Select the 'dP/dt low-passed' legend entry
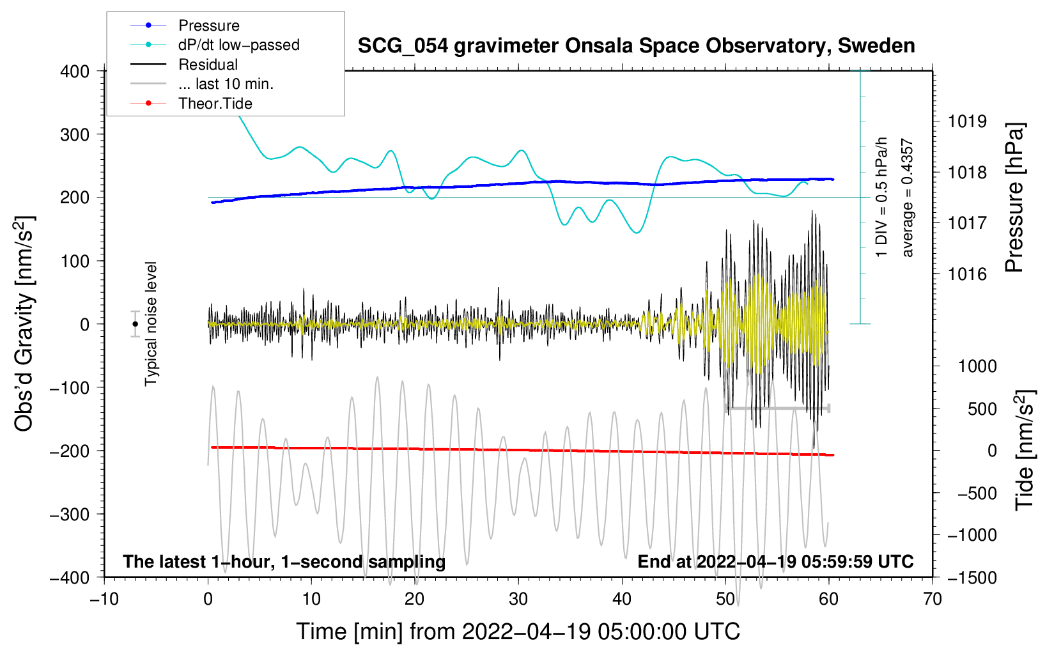point(238,45)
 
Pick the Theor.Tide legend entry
point(215,104)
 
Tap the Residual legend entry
point(208,65)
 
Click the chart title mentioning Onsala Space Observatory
point(636,46)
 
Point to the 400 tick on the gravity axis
point(75,72)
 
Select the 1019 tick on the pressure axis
point(967,121)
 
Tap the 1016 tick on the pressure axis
point(967,274)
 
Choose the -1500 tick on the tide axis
point(972,578)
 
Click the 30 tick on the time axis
point(518,599)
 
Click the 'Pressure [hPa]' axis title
point(1014,198)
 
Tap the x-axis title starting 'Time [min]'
point(518,632)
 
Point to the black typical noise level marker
point(135,324)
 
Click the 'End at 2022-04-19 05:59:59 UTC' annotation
point(775,562)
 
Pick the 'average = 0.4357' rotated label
point(908,198)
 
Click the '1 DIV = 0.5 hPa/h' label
point(882,197)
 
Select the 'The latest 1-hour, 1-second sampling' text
point(284,562)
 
